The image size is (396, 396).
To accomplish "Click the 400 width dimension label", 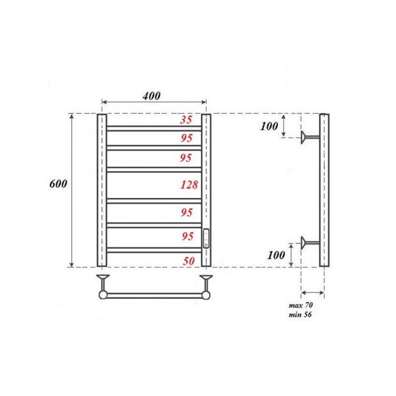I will coord(152,96).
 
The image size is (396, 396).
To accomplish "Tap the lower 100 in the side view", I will coord(276,255).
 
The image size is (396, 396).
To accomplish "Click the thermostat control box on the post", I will coord(207,237).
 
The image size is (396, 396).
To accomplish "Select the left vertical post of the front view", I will coord(102,190).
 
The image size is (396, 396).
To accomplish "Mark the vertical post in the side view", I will coord(325,190).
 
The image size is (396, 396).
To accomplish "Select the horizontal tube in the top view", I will coord(155,295).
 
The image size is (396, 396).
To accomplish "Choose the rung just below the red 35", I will coord(154,129).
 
